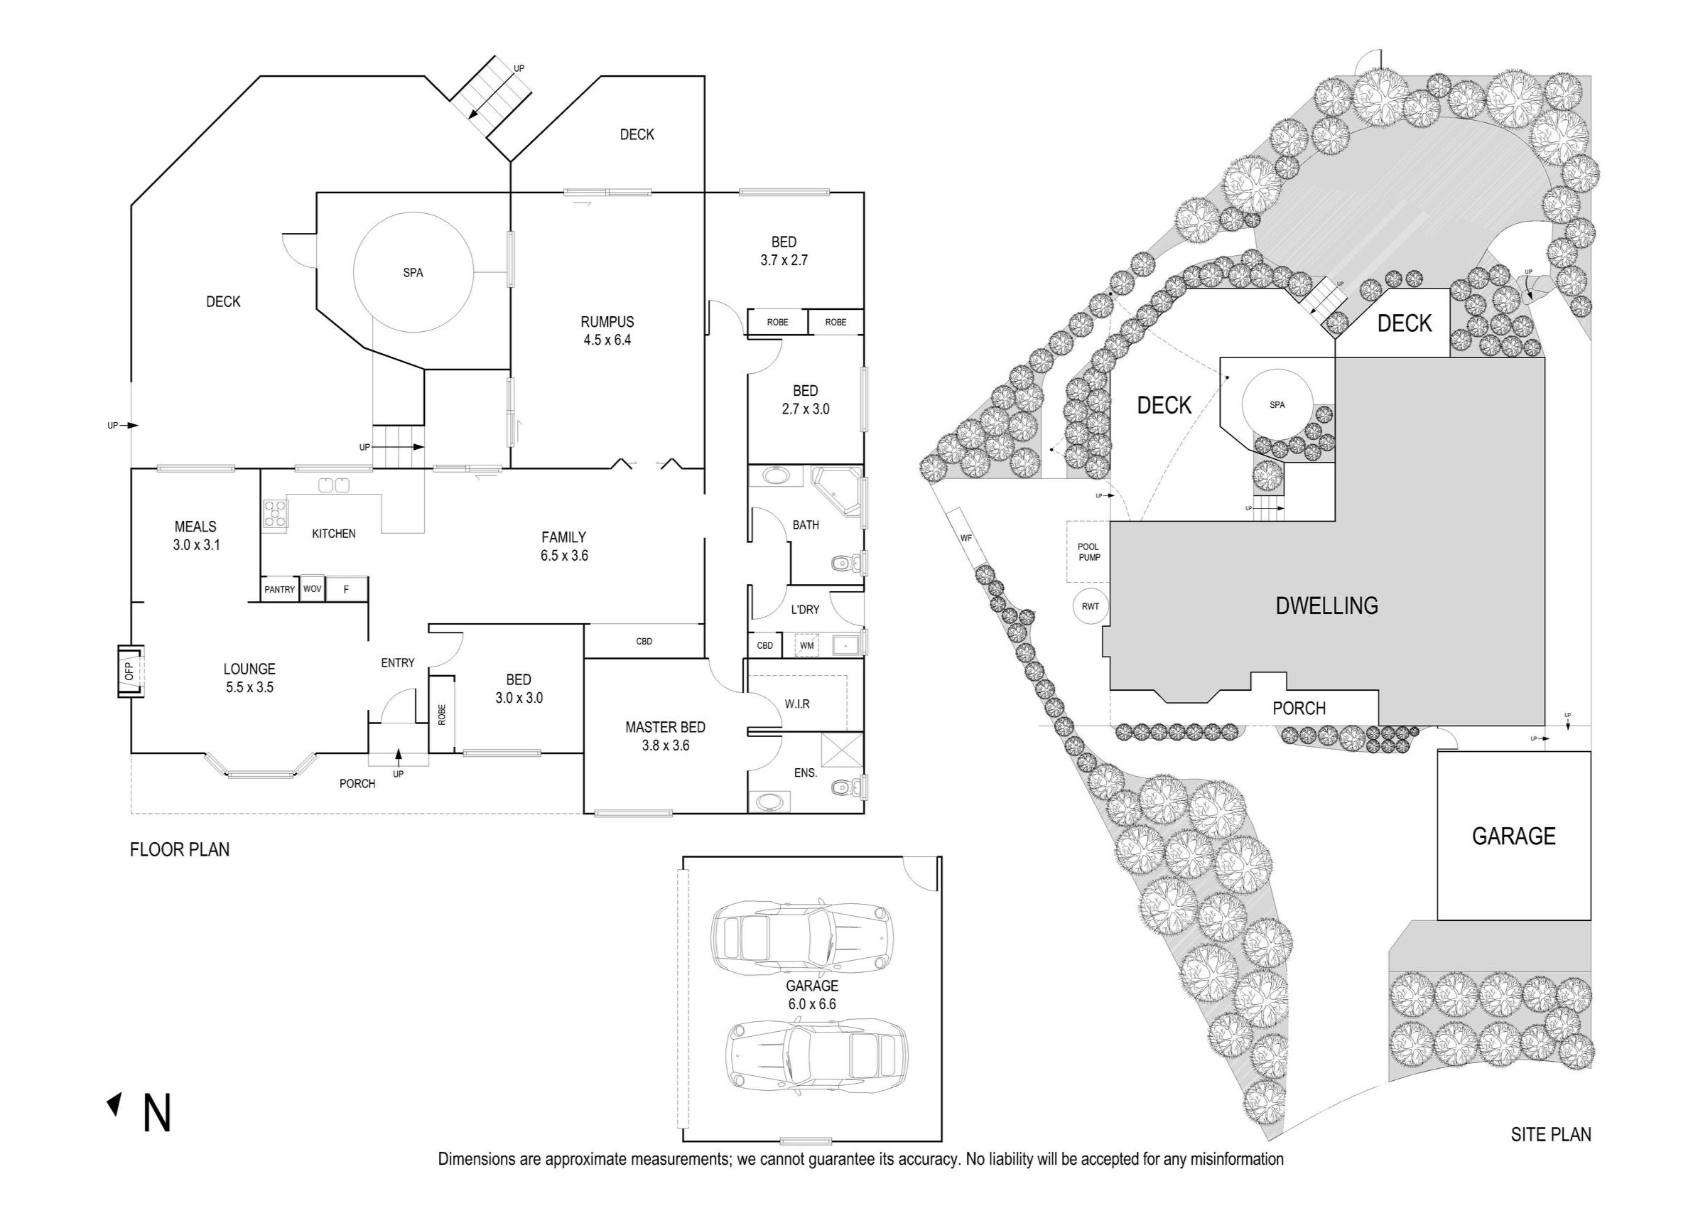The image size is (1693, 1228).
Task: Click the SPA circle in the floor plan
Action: [413, 272]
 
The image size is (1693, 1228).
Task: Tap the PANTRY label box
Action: [279, 589]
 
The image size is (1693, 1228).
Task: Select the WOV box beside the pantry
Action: [312, 589]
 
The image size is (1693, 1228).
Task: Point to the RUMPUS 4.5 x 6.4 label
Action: [607, 330]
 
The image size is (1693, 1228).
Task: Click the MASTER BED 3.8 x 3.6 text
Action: [665, 736]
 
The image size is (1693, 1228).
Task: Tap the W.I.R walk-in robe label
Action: [796, 704]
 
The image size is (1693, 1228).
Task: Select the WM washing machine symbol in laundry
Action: [806, 645]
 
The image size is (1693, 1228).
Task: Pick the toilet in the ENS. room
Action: [845, 786]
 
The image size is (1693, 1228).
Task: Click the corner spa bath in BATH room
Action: [838, 490]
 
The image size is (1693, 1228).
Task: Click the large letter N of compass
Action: [157, 1113]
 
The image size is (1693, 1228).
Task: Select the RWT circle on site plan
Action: [1090, 606]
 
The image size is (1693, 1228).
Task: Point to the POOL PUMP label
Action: [1088, 551]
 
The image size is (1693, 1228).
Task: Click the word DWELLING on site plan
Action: [1326, 605]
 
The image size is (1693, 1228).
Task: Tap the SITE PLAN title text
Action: [1550, 1134]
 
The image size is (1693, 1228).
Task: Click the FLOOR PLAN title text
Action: [179, 849]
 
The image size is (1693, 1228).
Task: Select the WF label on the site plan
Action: [966, 538]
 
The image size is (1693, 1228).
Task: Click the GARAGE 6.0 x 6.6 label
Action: [811, 994]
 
